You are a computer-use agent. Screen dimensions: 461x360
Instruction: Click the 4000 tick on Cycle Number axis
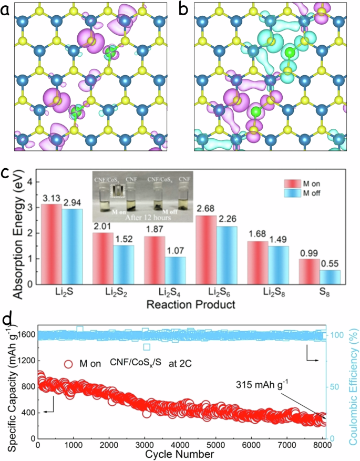pyautogui.click(x=180, y=445)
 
